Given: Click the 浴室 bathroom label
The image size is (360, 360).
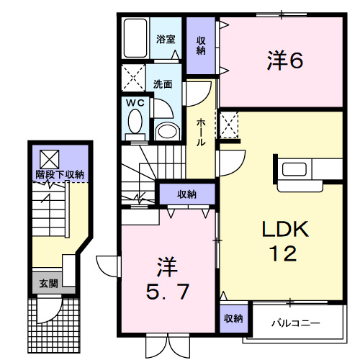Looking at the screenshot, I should tap(166, 39).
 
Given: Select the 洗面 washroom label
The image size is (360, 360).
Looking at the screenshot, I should tap(163, 84).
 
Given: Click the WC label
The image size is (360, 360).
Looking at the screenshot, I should tap(136, 103).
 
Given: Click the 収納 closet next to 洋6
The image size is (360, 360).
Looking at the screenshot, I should tap(202, 45).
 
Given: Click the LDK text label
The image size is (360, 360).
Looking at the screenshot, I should tap(284, 230).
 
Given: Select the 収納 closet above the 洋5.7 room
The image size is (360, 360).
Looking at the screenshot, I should tap(186, 194).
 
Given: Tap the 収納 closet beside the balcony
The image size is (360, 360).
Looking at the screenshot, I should tap(232, 318).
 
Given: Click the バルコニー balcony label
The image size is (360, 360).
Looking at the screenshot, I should tap(295, 323).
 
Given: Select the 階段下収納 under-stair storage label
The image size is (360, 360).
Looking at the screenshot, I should tap(61, 174).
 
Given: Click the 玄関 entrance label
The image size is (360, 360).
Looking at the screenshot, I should tap(47, 283).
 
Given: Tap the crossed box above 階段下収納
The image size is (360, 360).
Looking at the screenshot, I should tap(49, 158).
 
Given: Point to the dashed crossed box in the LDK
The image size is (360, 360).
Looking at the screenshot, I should tap(230, 125).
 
